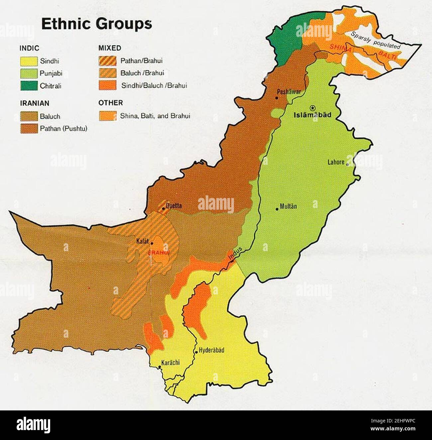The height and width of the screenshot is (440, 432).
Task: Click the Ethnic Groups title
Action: [x=96, y=25]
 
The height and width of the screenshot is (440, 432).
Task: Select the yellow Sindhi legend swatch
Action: [x=28, y=61]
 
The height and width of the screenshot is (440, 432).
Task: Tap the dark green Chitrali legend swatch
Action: [x=28, y=86]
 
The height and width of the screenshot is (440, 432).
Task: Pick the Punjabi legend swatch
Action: [x=28, y=73]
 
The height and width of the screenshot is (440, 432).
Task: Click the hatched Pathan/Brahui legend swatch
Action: [x=107, y=61]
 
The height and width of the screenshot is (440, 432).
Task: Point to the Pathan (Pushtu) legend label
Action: [x=63, y=129]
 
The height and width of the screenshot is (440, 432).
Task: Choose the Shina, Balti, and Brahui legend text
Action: [x=155, y=116]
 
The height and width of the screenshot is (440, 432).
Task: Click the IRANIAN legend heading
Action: [x=34, y=103]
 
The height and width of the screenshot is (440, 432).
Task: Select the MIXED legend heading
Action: [x=110, y=48]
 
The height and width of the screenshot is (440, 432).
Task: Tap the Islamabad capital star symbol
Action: [x=312, y=107]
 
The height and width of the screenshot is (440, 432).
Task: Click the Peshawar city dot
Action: [x=276, y=98]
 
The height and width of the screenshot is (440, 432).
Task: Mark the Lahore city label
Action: [x=336, y=163]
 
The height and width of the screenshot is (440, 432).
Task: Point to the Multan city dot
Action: [x=277, y=209]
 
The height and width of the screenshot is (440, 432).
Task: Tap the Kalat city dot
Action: [x=152, y=243]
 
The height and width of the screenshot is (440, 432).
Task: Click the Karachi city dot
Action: [x=160, y=367]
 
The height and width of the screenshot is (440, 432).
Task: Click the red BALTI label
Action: [x=387, y=55]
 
